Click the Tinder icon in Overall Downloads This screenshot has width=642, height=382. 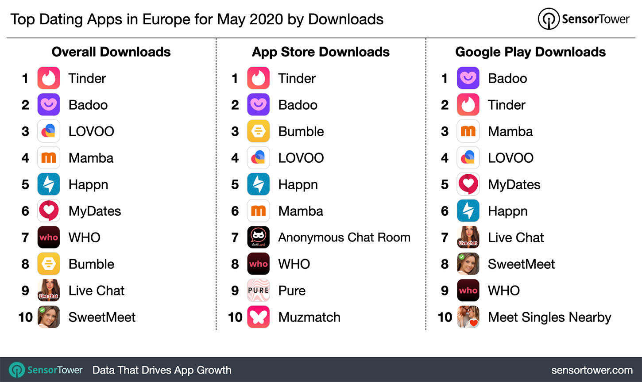point(49,78)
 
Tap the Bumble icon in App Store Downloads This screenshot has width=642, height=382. point(258,131)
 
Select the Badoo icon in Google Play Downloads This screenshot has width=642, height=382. point(468,78)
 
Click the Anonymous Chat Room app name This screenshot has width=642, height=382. point(344,237)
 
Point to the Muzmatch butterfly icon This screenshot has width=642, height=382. point(258,317)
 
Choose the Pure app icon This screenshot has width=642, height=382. point(258,290)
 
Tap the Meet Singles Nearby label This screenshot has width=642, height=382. point(549,317)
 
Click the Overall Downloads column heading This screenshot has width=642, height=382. point(111,52)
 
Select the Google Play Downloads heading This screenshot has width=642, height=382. point(530,52)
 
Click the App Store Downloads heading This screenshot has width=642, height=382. point(321,52)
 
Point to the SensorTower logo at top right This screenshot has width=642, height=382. point(584,19)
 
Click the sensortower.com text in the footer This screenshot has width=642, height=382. point(592,370)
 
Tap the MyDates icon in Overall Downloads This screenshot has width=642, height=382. point(49,211)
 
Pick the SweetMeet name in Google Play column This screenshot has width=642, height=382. point(521,264)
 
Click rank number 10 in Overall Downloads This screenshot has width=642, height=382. point(26,317)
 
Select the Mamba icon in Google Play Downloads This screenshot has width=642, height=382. point(468,131)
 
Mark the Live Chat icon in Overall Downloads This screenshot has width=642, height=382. point(49,290)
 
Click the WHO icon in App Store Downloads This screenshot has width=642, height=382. point(258,264)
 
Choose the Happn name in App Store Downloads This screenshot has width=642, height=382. point(298,184)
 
